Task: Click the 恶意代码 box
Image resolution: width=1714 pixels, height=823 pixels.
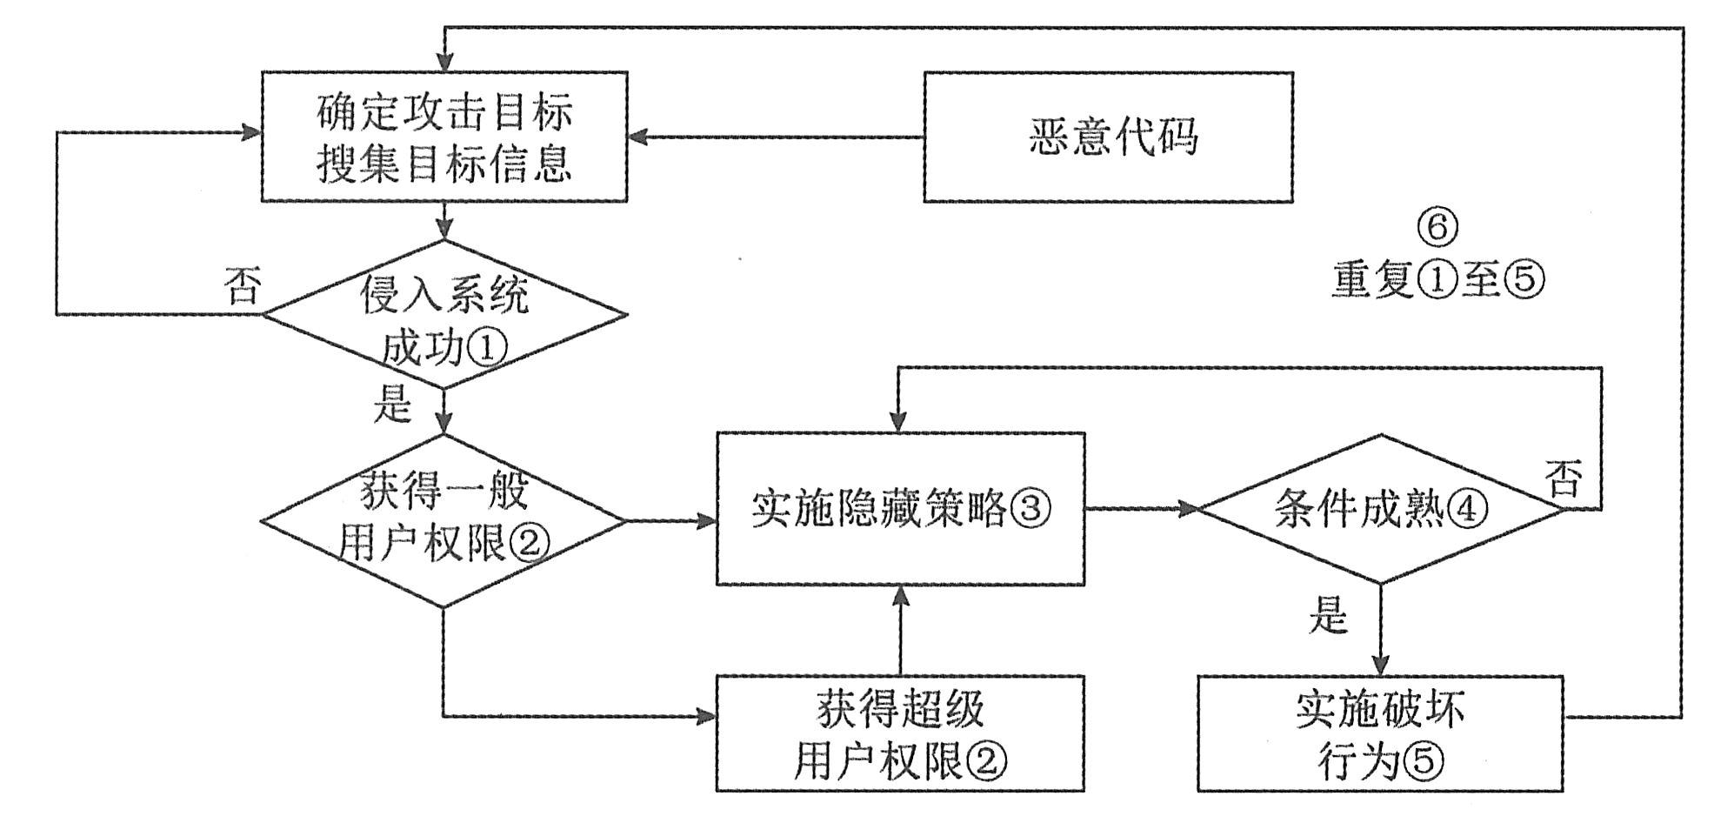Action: click(x=1108, y=137)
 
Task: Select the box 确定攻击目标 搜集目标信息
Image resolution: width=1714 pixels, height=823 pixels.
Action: click(x=444, y=137)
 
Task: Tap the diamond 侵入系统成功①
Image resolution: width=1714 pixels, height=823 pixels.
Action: click(x=444, y=315)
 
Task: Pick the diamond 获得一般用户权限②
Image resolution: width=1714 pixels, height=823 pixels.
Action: click(x=444, y=520)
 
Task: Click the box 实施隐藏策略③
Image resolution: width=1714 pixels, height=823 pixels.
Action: click(x=900, y=509)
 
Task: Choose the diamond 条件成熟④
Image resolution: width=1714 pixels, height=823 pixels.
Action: click(x=1381, y=509)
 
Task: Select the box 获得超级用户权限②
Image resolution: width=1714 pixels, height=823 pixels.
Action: click(x=900, y=734)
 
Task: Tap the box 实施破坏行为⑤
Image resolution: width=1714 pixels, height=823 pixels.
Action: click(x=1381, y=734)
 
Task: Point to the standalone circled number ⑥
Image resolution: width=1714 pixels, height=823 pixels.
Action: click(x=1437, y=227)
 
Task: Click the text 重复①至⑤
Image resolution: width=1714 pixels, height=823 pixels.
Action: click(x=1437, y=280)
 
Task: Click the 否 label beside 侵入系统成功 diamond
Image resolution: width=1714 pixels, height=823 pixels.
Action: click(x=242, y=285)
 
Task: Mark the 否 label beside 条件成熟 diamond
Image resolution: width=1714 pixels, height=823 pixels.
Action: click(x=1564, y=478)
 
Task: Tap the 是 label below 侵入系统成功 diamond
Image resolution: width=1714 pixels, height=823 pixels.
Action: click(x=392, y=405)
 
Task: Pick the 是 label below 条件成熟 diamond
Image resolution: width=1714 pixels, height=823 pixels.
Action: click(x=1328, y=616)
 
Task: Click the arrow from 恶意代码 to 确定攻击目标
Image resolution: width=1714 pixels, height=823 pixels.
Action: click(x=774, y=137)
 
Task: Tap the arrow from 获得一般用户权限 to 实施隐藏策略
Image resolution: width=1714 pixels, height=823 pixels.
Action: click(x=670, y=521)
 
